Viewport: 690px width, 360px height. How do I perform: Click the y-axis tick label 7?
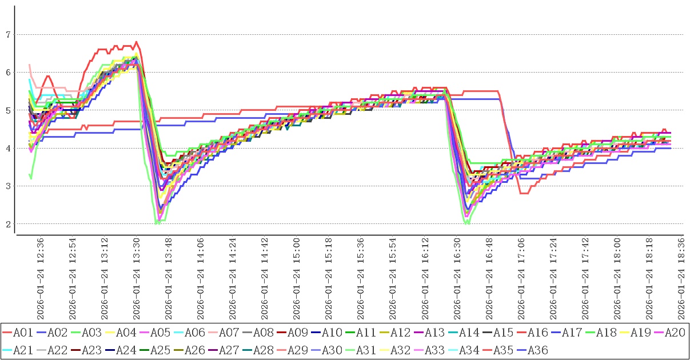tap(8, 35)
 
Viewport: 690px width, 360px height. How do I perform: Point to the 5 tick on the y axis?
tap(8, 110)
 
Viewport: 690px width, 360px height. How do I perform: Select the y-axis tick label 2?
tap(8, 224)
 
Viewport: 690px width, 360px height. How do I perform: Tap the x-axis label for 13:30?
tap(136, 274)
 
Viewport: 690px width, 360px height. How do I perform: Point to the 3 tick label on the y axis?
tap(8, 186)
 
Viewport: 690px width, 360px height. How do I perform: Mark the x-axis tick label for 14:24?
tap(233, 274)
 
